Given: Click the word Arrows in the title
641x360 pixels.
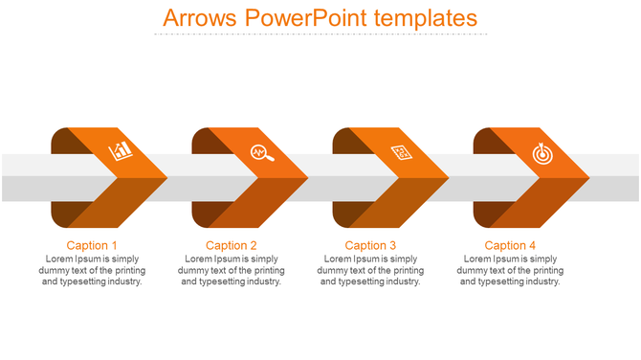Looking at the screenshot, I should [x=198, y=18].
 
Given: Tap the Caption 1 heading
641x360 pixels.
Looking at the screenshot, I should [x=92, y=246].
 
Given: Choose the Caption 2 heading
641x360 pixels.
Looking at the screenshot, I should [x=232, y=246].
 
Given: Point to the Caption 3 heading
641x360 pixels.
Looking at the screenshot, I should [x=370, y=246].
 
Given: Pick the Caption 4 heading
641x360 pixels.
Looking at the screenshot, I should [x=510, y=246].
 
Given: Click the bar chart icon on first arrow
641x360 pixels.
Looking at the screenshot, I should [x=121, y=151].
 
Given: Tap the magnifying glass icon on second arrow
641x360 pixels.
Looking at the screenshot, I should [x=261, y=151].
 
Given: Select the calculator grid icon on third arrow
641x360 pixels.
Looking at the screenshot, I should [x=402, y=151].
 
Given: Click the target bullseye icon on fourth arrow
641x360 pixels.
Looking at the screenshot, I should [x=542, y=151].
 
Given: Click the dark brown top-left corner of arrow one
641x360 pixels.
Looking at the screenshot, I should [x=62, y=140].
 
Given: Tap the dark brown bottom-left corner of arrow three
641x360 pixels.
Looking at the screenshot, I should [x=344, y=215].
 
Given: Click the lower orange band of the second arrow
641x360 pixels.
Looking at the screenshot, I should [x=263, y=206].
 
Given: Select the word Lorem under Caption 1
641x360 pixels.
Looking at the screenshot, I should [x=59, y=259].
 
